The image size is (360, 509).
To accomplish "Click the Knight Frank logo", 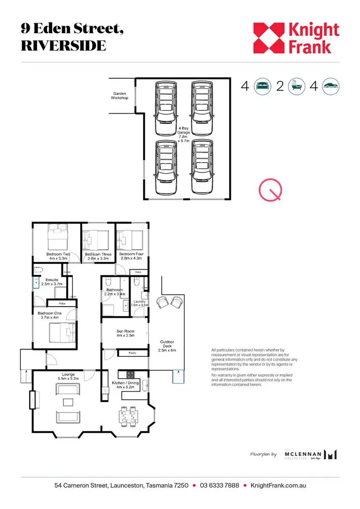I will [296, 38].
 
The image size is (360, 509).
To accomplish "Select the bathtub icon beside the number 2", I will [296, 86].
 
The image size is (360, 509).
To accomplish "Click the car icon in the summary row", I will [331, 86].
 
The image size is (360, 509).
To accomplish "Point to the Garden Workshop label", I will [120, 95].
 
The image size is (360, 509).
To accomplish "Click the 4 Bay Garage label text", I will [184, 135].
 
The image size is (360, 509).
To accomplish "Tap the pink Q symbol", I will [270, 190].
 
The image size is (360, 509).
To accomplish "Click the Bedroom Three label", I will [98, 256].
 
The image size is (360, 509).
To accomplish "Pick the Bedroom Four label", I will [132, 256].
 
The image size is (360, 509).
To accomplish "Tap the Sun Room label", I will [125, 333].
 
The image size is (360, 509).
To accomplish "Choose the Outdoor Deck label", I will [168, 345].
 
